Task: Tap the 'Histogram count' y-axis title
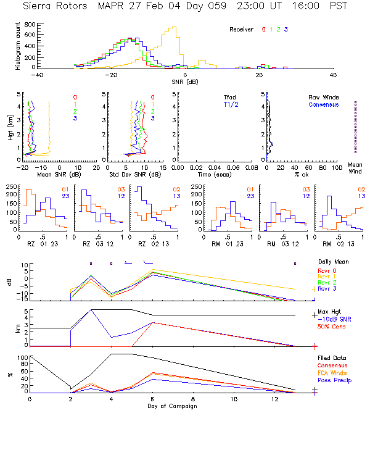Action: click(x=18, y=46)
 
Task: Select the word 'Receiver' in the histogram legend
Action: click(x=242, y=30)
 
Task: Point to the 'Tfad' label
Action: click(x=229, y=97)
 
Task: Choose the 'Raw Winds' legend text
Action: click(x=323, y=97)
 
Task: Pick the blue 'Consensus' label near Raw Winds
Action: click(x=323, y=104)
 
